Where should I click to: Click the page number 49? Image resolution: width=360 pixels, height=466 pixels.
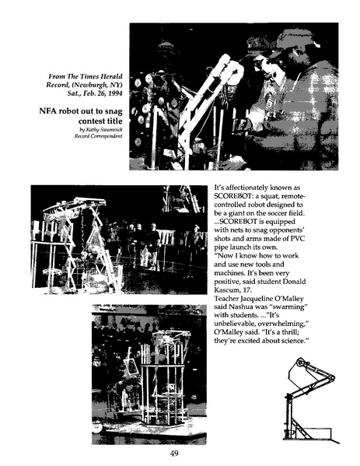pos(180,454)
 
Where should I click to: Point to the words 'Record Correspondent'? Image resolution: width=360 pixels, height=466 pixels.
pos(95,136)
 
